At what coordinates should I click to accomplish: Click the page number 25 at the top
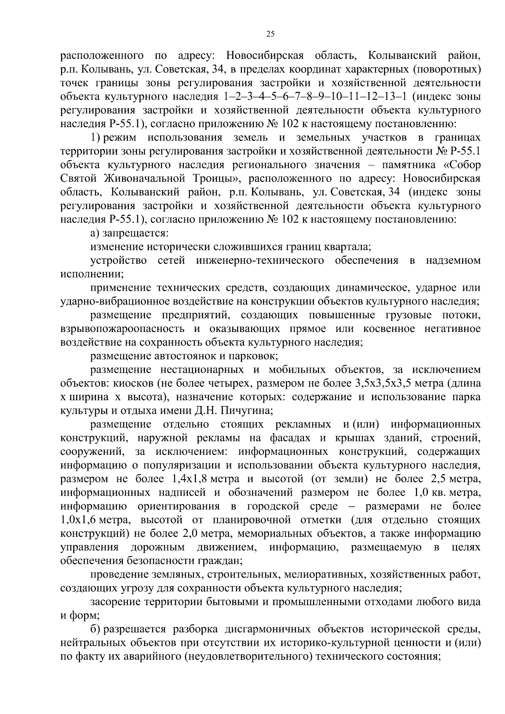pyautogui.click(x=271, y=34)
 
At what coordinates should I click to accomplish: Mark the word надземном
pyautogui.click(x=453, y=260)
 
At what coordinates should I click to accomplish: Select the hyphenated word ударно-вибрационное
pyautogui.click(x=113, y=302)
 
